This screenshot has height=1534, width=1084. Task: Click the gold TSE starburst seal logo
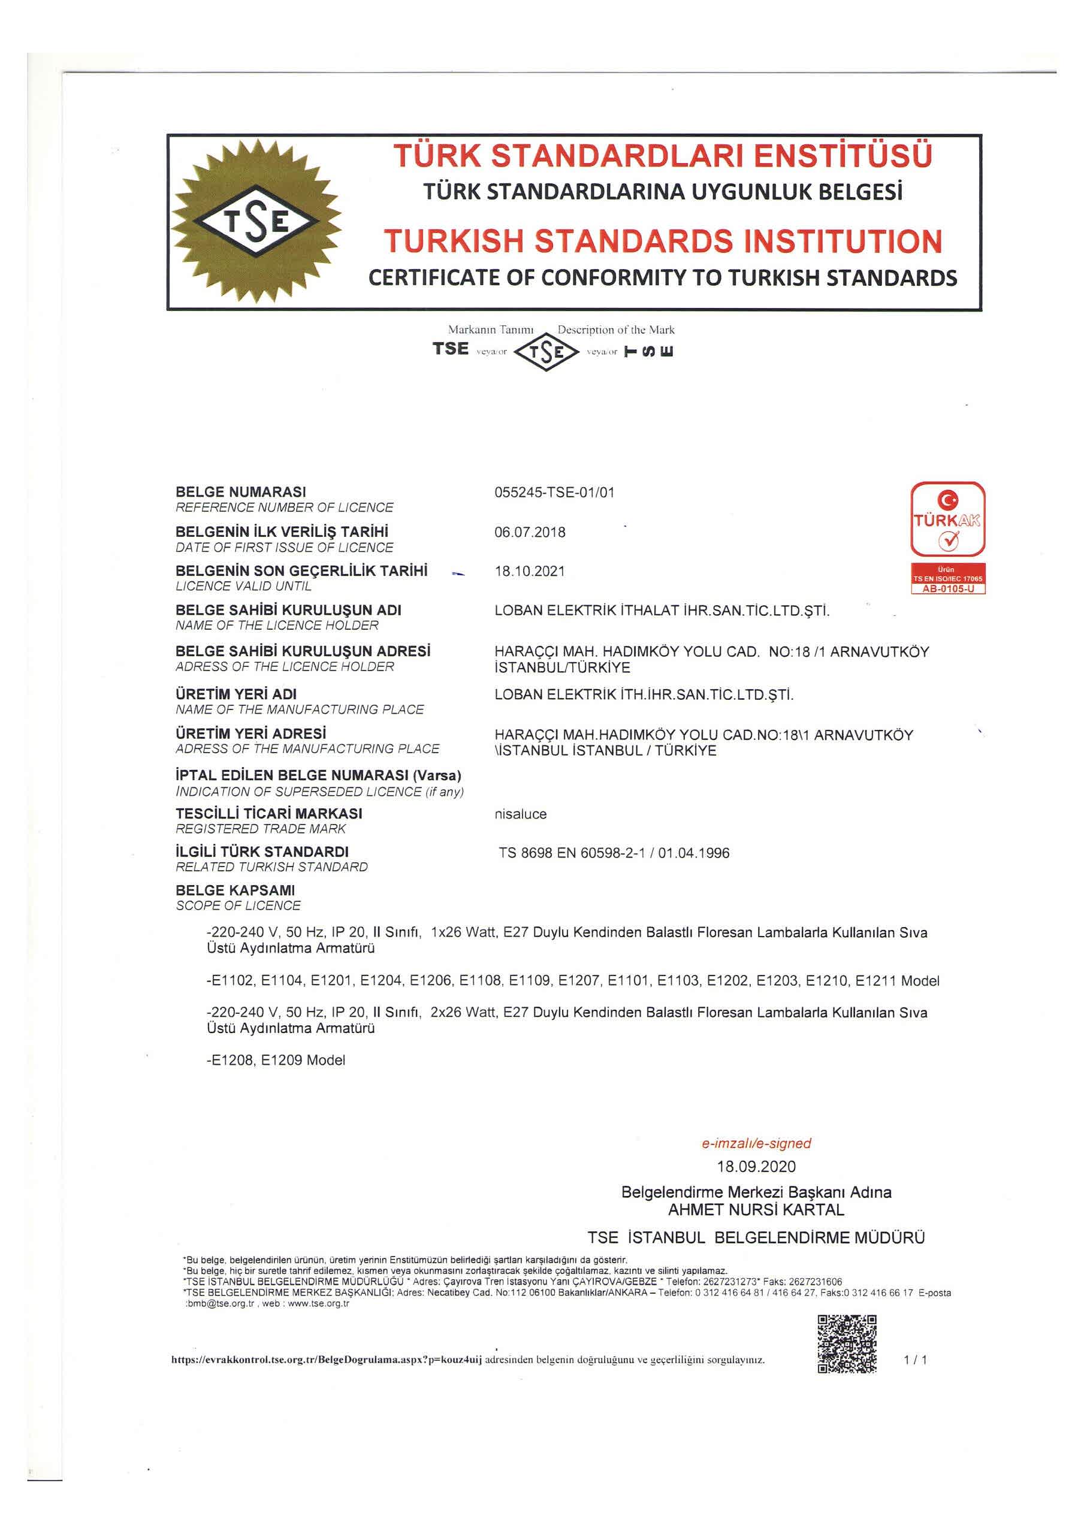256,222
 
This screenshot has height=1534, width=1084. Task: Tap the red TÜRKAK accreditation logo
947,519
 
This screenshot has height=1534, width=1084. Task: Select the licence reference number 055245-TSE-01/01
554,493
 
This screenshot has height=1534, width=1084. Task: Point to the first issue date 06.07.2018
529,532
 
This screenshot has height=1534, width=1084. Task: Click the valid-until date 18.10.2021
529,571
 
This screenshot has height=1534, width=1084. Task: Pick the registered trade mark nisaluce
520,814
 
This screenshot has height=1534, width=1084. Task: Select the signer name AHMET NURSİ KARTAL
756,1209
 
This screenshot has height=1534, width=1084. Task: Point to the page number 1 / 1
915,1360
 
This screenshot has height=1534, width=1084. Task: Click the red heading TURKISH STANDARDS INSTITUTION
662,241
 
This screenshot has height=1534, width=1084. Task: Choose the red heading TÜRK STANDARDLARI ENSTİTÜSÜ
662,156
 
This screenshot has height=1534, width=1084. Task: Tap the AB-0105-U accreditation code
947,589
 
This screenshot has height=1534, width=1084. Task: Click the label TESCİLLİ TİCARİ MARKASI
268,813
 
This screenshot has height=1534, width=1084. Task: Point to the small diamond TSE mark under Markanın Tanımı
546,351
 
